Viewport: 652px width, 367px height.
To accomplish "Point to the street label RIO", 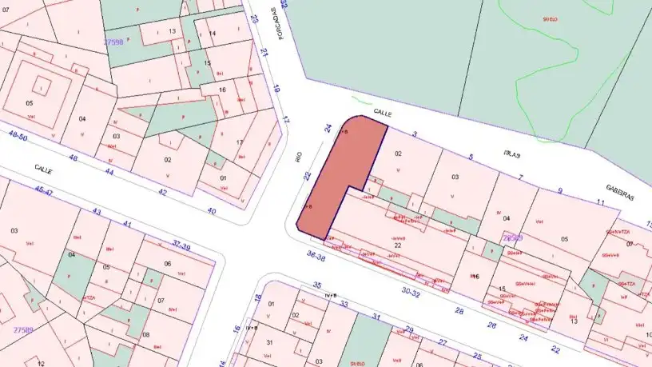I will coord(299,155).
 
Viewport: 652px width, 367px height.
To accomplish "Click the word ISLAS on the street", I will coord(512,154).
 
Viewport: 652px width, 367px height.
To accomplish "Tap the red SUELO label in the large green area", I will coord(550,17).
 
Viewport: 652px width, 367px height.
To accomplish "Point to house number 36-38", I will coord(316,258).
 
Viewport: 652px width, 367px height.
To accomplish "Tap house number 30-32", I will coord(411,293).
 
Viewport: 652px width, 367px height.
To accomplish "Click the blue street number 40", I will coord(212,211).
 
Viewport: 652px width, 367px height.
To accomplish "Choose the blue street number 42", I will coord(163,193).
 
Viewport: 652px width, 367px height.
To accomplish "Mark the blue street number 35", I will coord(317,285).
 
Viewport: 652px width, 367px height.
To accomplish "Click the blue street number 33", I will coord(346,305).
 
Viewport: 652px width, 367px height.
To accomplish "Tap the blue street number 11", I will coord(600,203).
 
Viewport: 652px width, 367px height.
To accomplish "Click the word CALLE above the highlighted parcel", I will coord(382,114).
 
